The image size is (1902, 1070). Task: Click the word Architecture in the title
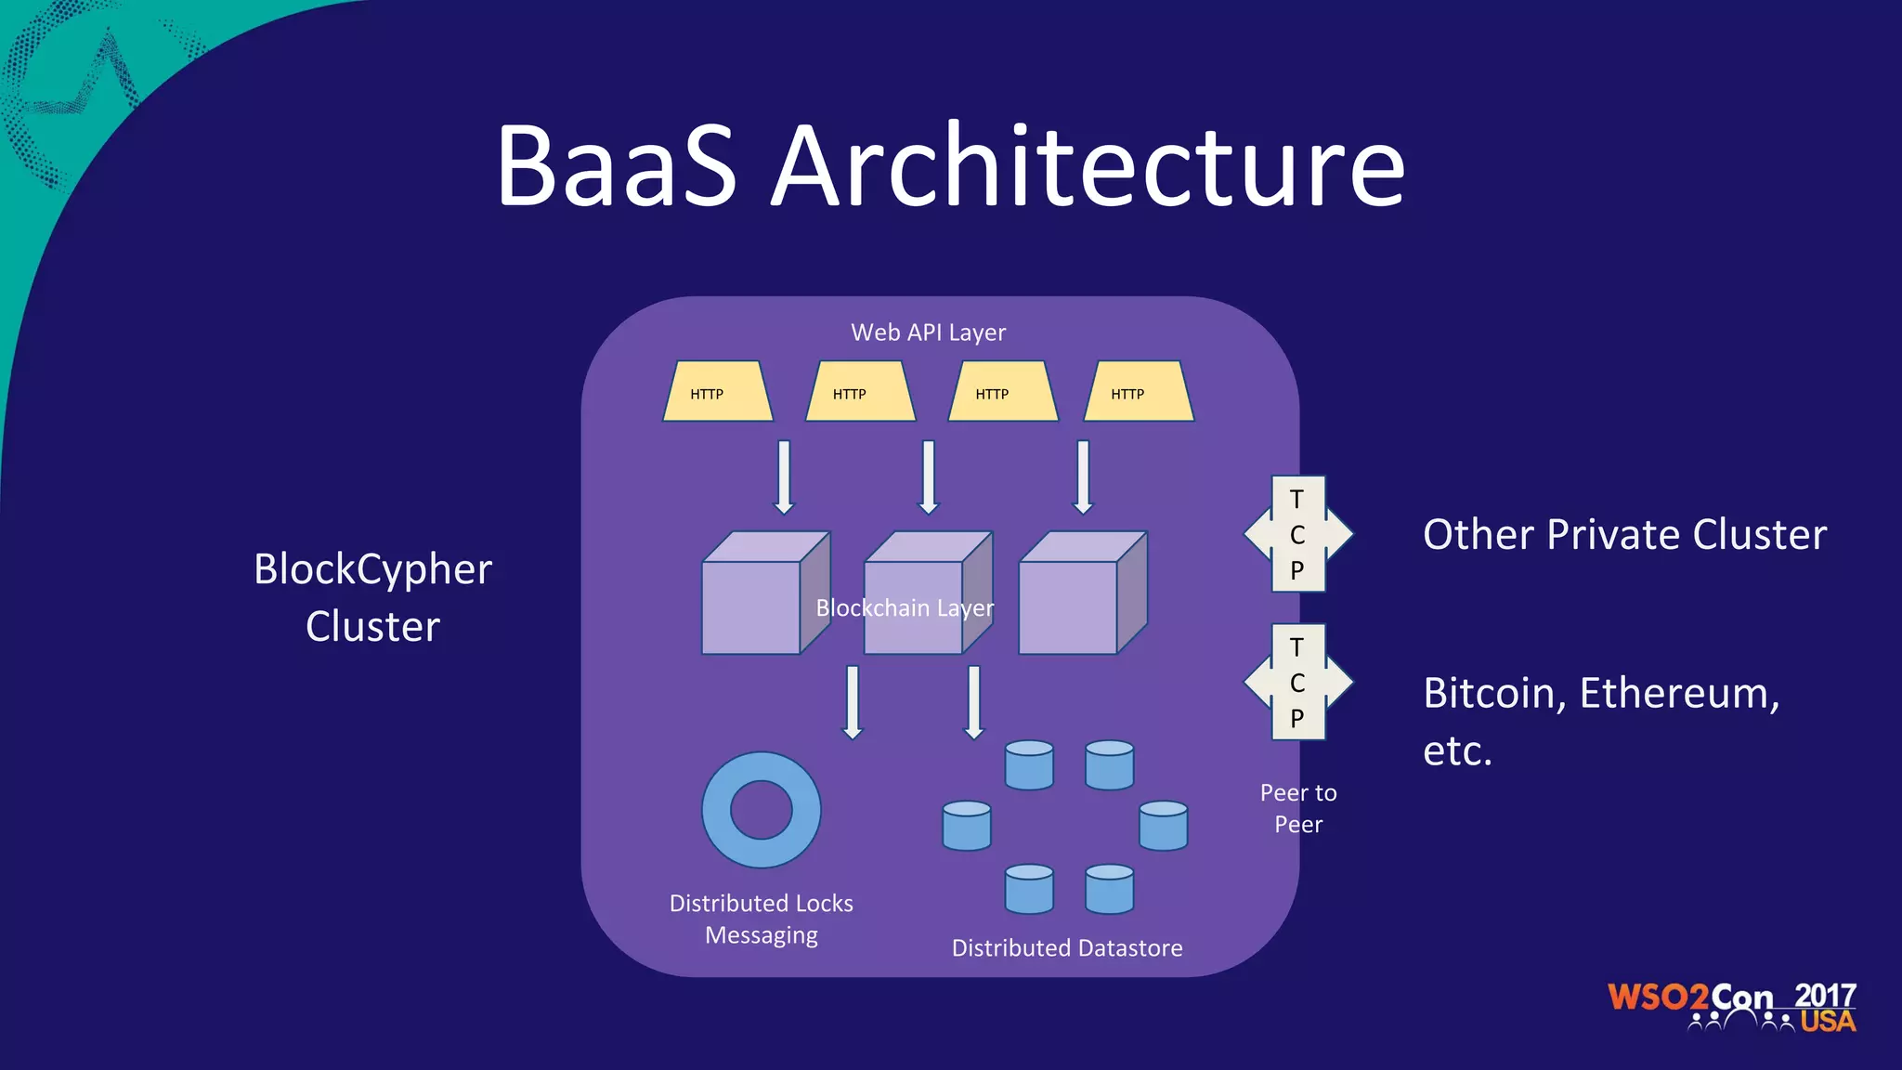tap(1088, 167)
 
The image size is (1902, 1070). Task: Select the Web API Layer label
tap(928, 333)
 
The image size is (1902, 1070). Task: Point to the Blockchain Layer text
tap(905, 608)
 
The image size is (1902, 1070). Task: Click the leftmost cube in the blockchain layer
tap(752, 604)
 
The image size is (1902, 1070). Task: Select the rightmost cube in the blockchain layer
tap(1070, 604)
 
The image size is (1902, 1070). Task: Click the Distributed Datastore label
tap(1067, 948)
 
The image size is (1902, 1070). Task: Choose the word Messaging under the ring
tap(762, 935)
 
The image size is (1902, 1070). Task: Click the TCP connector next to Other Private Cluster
tap(1297, 534)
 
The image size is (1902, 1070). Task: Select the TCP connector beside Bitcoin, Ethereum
tap(1297, 682)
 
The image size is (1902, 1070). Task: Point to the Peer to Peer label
tap(1298, 808)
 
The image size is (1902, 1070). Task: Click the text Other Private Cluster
tap(1624, 535)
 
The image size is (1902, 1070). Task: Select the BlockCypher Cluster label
tap(372, 597)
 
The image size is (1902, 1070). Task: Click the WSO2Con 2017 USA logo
tap(1731, 1007)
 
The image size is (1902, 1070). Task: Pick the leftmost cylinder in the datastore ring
tap(967, 826)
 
